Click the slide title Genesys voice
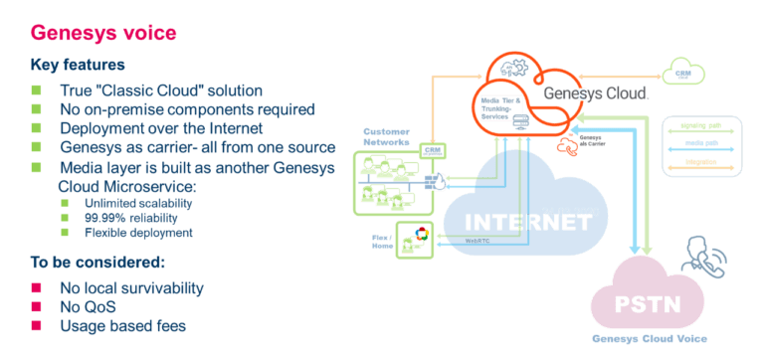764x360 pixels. tap(104, 34)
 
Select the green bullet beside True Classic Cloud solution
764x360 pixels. tap(37, 90)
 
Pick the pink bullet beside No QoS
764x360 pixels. tap(37, 307)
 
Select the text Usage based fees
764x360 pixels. tap(123, 326)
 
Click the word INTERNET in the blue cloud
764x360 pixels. tap(520, 222)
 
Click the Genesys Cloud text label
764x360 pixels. tap(597, 92)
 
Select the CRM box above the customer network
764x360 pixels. tap(431, 150)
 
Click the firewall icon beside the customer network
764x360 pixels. tap(435, 182)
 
